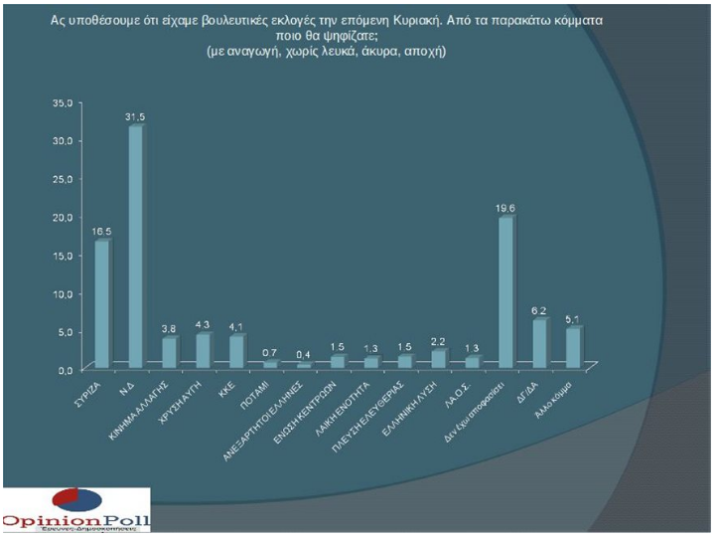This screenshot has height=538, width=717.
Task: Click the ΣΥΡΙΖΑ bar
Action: click(x=101, y=303)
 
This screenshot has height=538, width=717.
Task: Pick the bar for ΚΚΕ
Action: click(x=236, y=351)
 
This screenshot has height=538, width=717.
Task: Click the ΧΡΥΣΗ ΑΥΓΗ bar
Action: click(x=203, y=350)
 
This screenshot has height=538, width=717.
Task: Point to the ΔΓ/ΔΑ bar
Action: click(x=538, y=342)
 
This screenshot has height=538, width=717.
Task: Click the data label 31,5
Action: click(x=136, y=117)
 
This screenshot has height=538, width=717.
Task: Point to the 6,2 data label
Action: click(x=539, y=311)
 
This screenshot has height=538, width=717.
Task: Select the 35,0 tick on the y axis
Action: click(x=63, y=102)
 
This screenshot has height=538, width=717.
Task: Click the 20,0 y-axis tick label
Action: click(x=63, y=217)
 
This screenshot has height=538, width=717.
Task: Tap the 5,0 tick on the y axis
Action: click(x=66, y=331)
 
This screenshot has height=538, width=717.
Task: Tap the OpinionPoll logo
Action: click(x=75, y=512)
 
